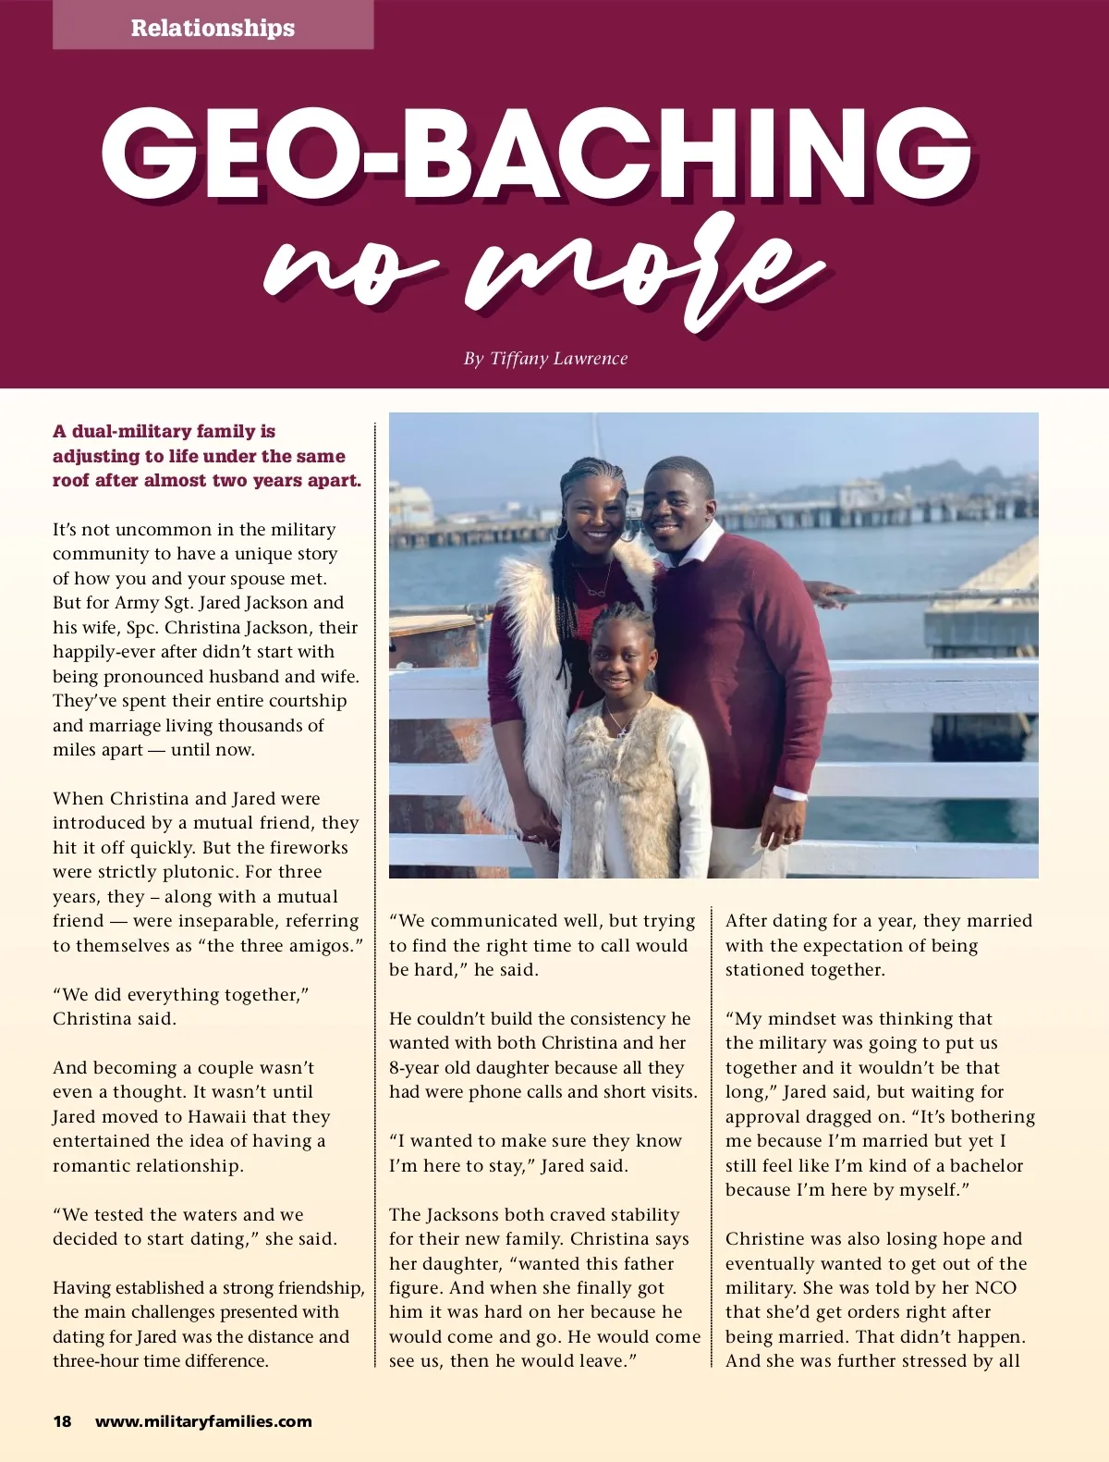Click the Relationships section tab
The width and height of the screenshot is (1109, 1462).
click(213, 28)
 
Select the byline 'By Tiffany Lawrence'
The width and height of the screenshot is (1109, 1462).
click(545, 359)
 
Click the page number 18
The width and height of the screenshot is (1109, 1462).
click(62, 1421)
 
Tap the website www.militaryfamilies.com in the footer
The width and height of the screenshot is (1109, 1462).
click(203, 1421)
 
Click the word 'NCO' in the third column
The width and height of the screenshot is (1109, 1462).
click(995, 1287)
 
